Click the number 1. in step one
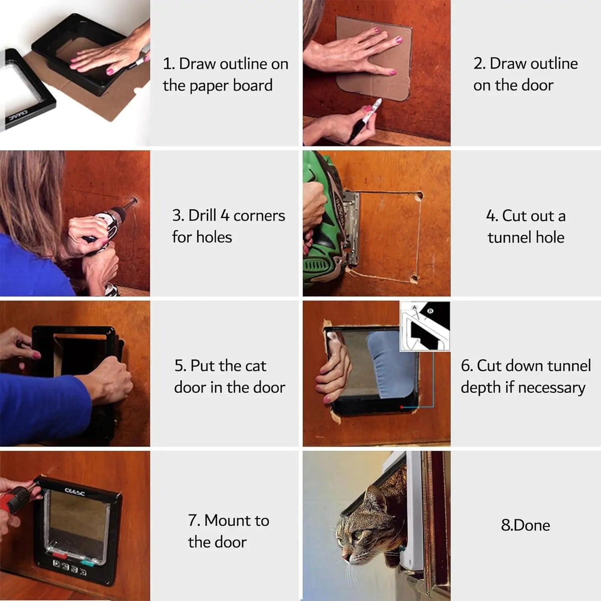[168, 64]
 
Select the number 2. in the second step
[479, 64]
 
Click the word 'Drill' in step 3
[202, 215]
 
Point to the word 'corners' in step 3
[259, 216]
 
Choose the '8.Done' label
[525, 525]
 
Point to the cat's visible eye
[358, 534]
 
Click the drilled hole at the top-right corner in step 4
[419, 195]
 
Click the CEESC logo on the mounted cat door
[75, 492]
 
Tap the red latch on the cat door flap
[60, 556]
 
